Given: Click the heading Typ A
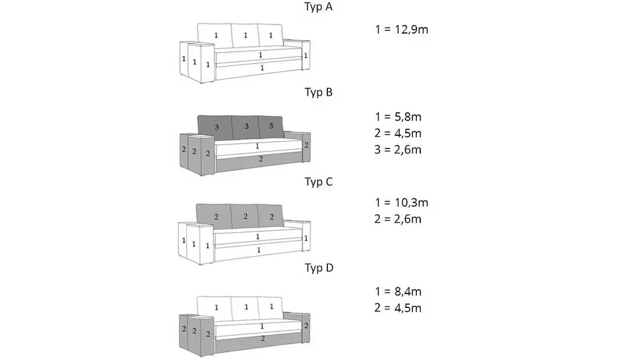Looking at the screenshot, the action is pyautogui.click(x=319, y=7).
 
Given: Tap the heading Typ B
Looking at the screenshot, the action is pyautogui.click(x=319, y=92).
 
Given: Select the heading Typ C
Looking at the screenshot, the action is pyautogui.click(x=319, y=182).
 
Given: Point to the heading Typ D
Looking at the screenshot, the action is pyautogui.click(x=319, y=268).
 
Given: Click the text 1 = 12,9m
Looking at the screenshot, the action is pyautogui.click(x=402, y=30).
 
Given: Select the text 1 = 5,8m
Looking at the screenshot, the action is pyautogui.click(x=398, y=117).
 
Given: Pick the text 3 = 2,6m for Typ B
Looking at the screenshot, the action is pyautogui.click(x=398, y=150).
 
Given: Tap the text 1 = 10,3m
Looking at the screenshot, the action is pyautogui.click(x=402, y=202).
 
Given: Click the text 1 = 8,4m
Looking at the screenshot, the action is pyautogui.click(x=398, y=291).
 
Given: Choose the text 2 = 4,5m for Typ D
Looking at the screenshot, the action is pyautogui.click(x=398, y=308).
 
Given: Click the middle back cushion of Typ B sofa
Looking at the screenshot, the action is pyautogui.click(x=245, y=127).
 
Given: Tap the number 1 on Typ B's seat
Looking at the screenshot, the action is pyautogui.click(x=257, y=146).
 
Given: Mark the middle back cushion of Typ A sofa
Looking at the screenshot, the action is pyautogui.click(x=245, y=36).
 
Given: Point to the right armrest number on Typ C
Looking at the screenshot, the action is pyautogui.click(x=305, y=238).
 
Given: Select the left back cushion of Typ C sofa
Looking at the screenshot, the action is pyautogui.click(x=214, y=216).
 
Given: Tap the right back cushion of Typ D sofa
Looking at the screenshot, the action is pyautogui.click(x=271, y=308).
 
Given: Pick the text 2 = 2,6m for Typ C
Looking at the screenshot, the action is pyautogui.click(x=398, y=219).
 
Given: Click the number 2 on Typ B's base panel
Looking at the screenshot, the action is pyautogui.click(x=261, y=159).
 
